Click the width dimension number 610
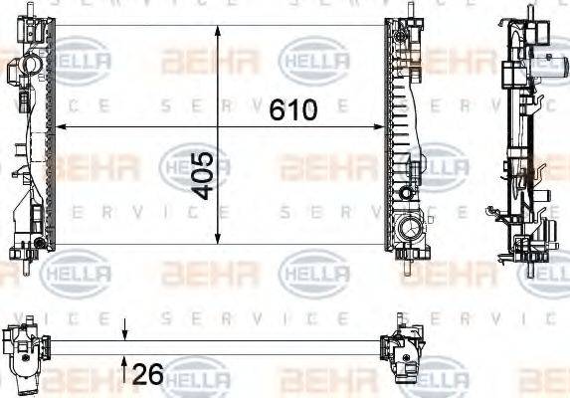pyautogui.click(x=293, y=108)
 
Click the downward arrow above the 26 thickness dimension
pyautogui.click(x=124, y=334)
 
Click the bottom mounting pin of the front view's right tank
pyautogui.click(x=408, y=264)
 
